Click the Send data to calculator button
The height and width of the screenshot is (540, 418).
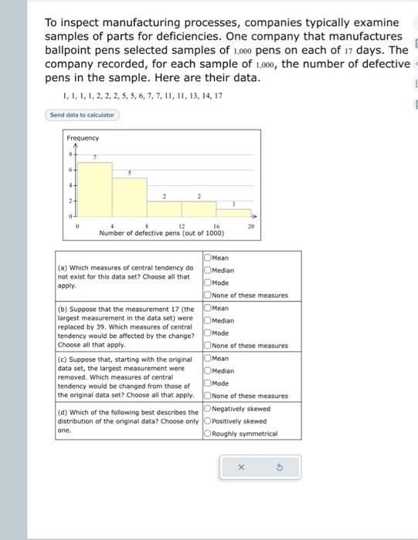click(x=82, y=115)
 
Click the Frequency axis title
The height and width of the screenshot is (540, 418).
click(x=83, y=138)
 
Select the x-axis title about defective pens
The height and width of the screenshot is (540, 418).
click(x=161, y=233)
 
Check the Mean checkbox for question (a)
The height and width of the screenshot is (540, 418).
click(x=207, y=258)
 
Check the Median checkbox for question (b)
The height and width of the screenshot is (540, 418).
click(x=207, y=320)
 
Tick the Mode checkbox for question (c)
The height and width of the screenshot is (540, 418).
click(x=207, y=383)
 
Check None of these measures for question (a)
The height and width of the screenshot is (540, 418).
click(x=207, y=295)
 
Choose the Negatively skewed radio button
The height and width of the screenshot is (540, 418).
click(x=207, y=409)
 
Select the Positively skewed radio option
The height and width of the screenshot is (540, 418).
click(x=207, y=421)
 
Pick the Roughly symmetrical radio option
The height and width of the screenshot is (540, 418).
click(x=207, y=434)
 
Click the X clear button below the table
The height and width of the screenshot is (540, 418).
click(x=240, y=467)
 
